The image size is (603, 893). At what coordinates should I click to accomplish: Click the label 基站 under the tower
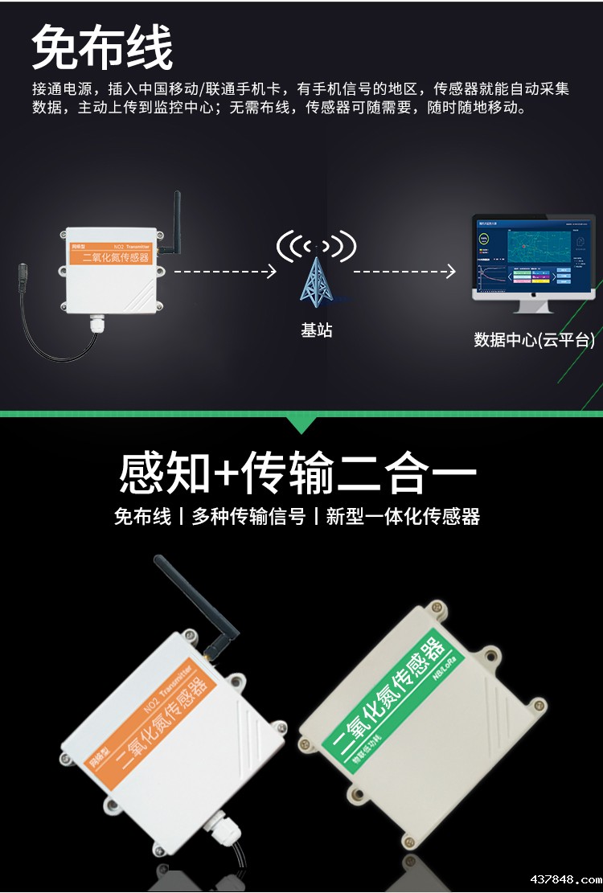click(x=316, y=330)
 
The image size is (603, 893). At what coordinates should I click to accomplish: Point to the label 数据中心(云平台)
click(x=534, y=340)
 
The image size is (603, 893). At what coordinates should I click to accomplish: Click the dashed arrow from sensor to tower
click(x=225, y=272)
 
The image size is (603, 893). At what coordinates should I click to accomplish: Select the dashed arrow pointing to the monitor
click(x=404, y=272)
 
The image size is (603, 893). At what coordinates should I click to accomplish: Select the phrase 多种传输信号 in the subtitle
click(x=248, y=517)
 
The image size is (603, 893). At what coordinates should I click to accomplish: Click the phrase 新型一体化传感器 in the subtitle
click(x=403, y=517)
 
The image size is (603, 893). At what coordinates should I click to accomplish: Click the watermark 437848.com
click(x=554, y=878)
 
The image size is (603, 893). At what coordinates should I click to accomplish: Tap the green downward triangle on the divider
click(x=301, y=424)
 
